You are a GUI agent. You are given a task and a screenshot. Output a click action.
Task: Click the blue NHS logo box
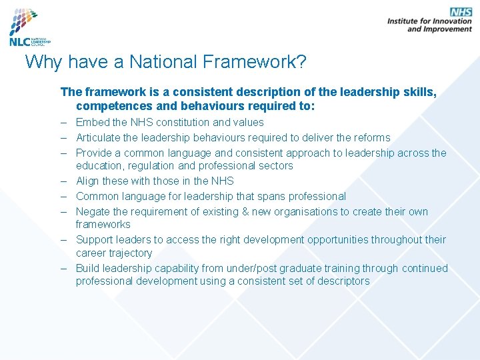(461, 12)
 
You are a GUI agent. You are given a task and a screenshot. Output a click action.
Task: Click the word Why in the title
(41, 63)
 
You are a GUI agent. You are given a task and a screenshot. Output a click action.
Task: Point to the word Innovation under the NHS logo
(449, 21)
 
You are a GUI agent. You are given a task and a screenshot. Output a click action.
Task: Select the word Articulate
(98, 138)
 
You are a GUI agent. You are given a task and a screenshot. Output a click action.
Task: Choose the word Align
(88, 181)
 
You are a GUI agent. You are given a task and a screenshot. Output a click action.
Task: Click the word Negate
(93, 212)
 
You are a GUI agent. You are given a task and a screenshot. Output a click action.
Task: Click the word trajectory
(131, 253)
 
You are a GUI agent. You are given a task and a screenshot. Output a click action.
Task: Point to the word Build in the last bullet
(88, 269)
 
